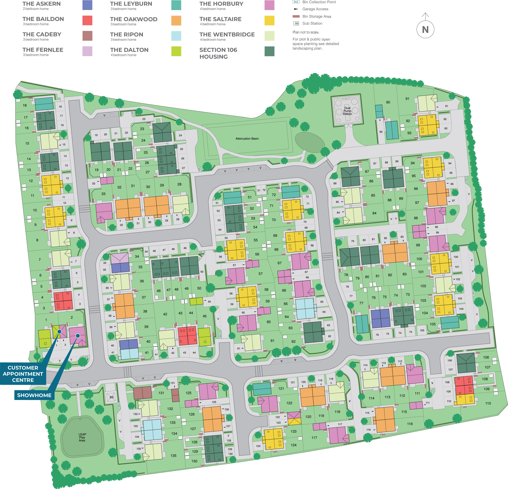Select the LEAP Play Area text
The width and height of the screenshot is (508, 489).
[x=82, y=437]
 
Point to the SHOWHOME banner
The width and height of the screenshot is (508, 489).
[x=34, y=395]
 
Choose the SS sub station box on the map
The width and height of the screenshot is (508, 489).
[x=111, y=397]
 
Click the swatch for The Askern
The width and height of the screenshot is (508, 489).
[x=87, y=5]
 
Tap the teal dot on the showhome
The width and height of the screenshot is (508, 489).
[x=78, y=336]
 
